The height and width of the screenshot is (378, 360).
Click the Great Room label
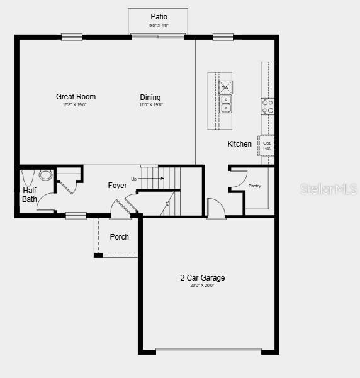(x=76, y=97)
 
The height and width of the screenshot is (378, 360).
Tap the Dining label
(x=150, y=97)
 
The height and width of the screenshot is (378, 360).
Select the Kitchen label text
(x=239, y=144)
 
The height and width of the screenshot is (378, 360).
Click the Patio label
(x=159, y=17)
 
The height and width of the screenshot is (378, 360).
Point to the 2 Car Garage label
(x=202, y=277)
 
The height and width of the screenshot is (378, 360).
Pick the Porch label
(x=119, y=237)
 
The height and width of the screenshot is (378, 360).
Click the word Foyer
(x=117, y=186)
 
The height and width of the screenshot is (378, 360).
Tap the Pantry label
(x=254, y=186)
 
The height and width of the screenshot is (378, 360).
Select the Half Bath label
(x=30, y=195)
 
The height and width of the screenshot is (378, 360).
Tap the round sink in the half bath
(x=46, y=175)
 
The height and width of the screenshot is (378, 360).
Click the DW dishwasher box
(x=225, y=87)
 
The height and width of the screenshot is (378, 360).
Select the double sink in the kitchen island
(x=225, y=103)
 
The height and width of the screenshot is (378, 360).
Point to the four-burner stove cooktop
(x=268, y=106)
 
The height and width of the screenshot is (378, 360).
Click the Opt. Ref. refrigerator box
(x=267, y=145)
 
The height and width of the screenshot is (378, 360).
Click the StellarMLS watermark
(x=329, y=189)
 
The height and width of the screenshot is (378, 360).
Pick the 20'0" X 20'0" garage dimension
(x=201, y=286)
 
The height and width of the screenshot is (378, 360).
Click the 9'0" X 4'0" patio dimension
(x=159, y=26)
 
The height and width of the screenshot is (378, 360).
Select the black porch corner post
(x=98, y=255)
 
